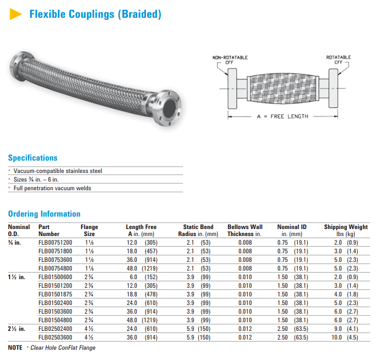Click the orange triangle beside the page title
(16, 15)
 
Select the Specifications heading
(32, 158)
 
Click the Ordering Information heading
(44, 214)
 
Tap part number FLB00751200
(55, 243)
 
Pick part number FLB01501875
(55, 294)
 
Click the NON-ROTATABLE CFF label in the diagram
(230, 60)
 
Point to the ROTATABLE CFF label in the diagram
(338, 60)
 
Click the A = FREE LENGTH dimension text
(283, 116)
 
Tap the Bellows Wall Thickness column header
(245, 230)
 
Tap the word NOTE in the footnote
(16, 348)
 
